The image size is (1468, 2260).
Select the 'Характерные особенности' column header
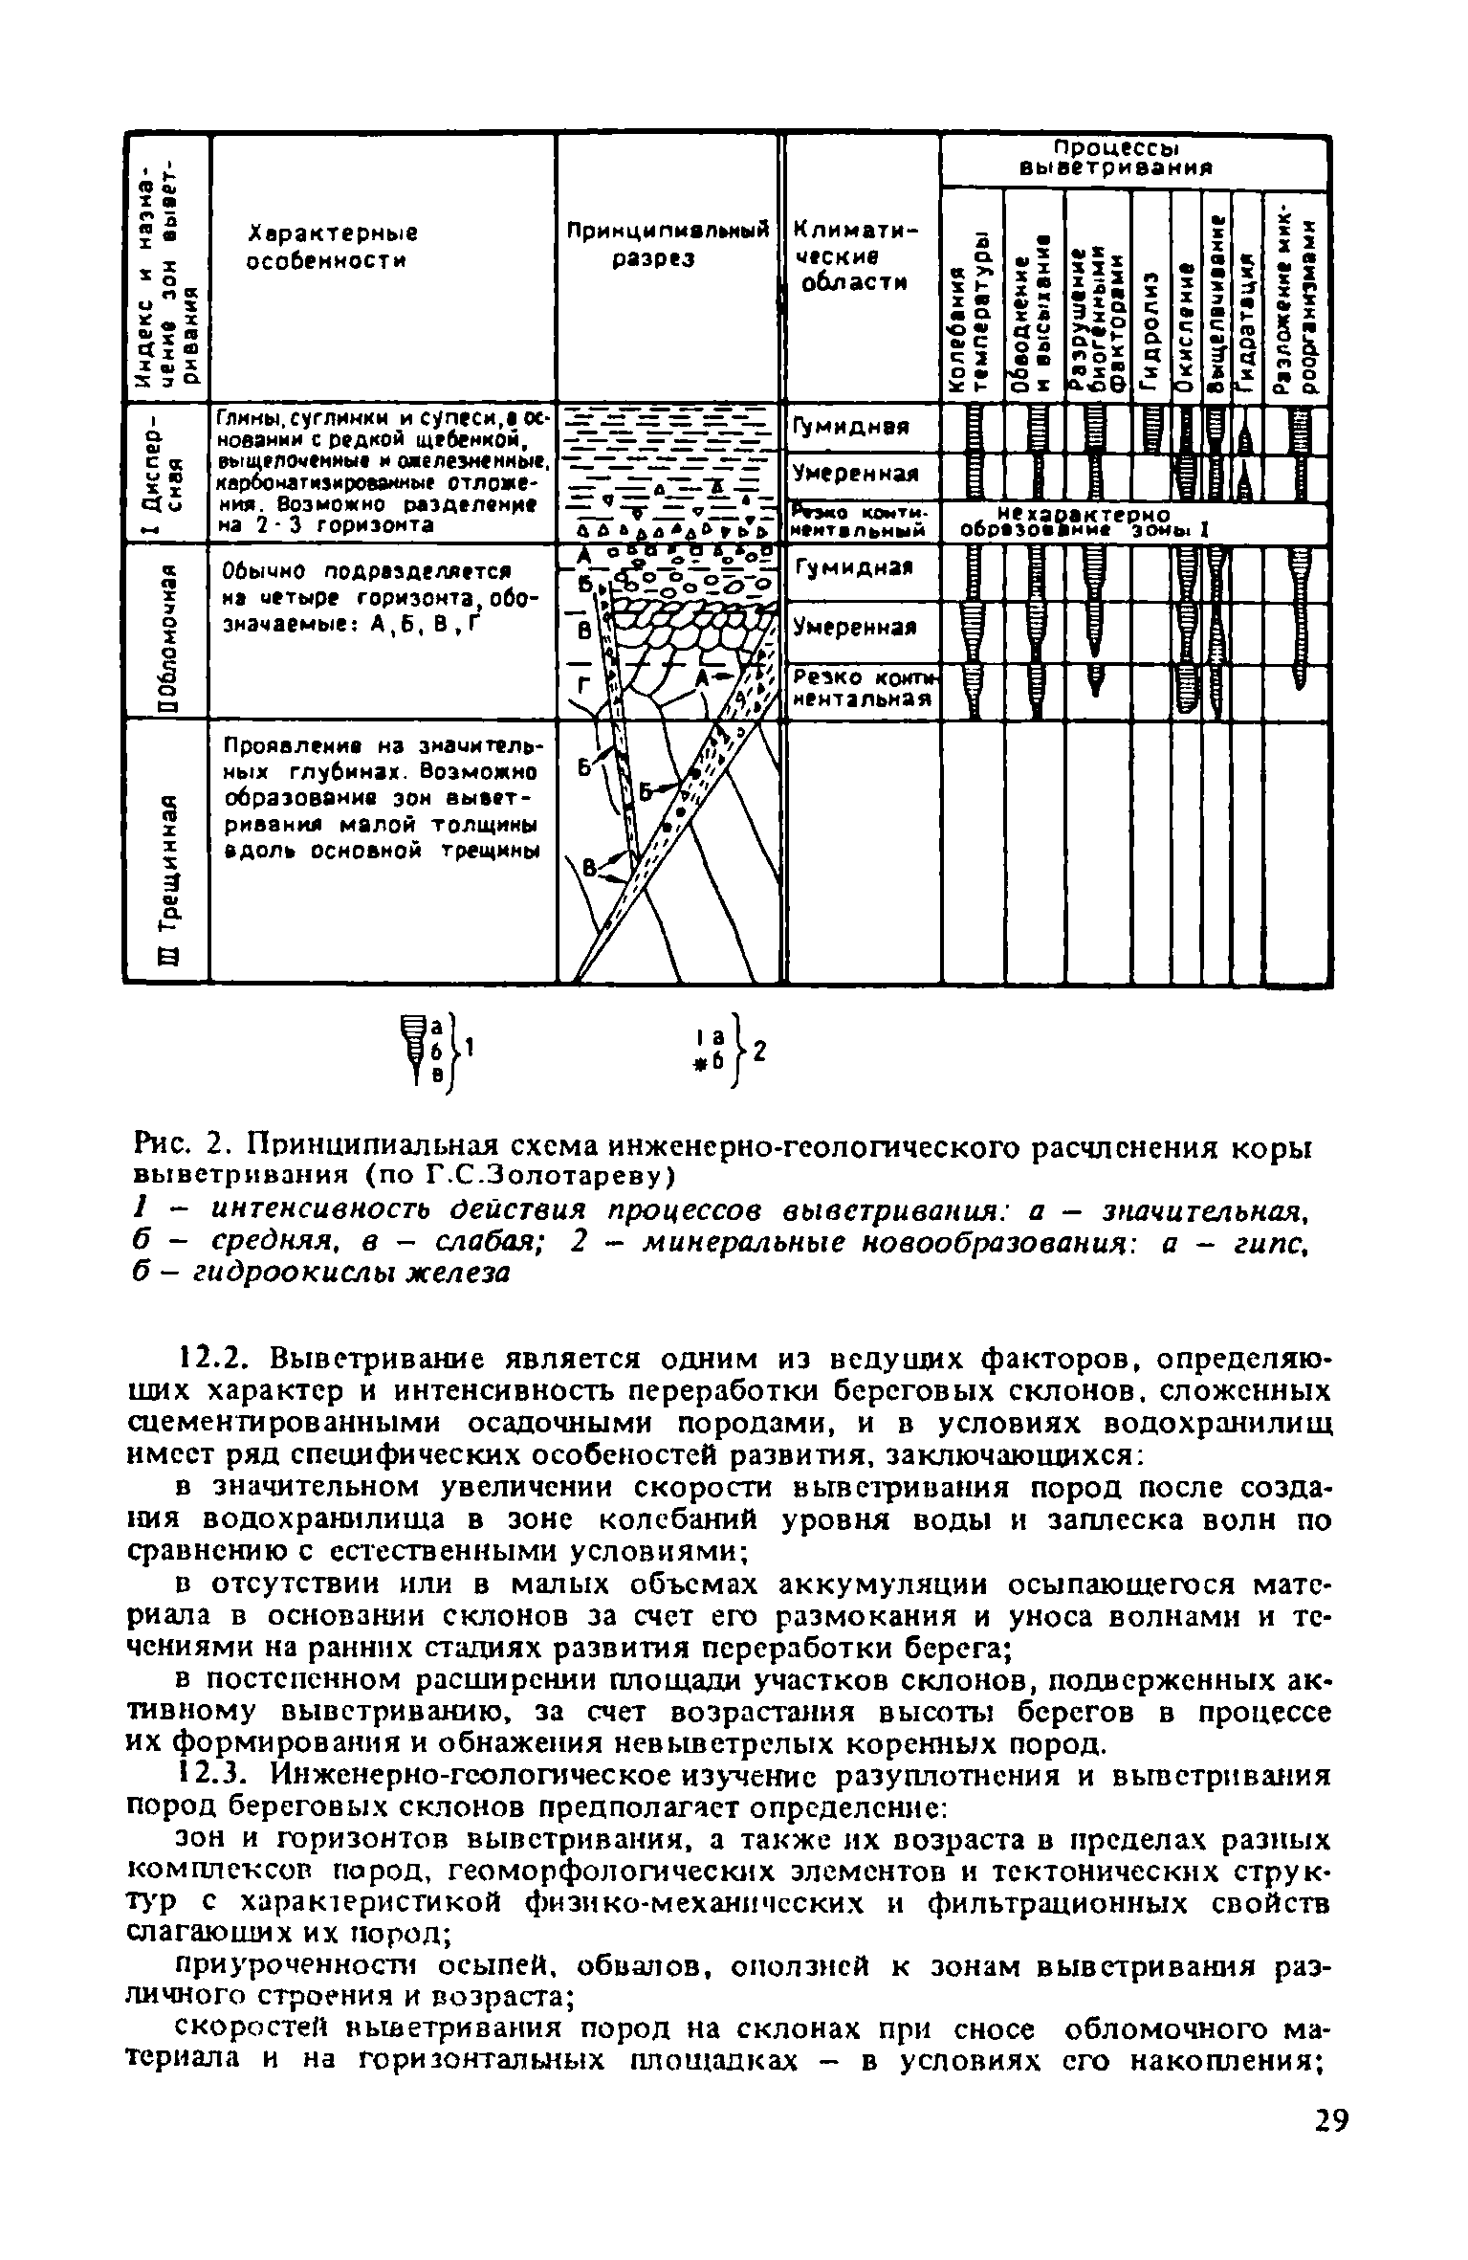pos(319,247)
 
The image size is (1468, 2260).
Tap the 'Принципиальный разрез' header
pos(668,245)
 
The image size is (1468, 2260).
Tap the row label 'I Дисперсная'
pos(166,474)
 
